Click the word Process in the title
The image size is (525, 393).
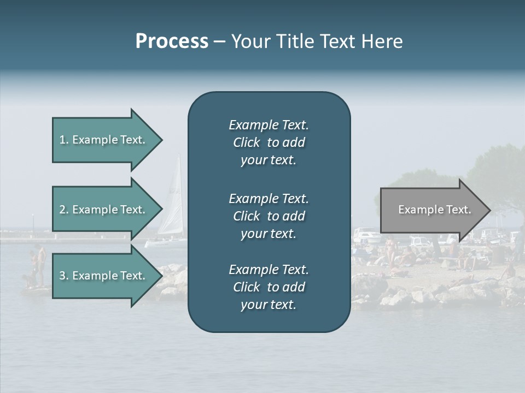click(172, 41)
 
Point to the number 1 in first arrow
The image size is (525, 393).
click(63, 140)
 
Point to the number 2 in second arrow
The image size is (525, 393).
click(63, 210)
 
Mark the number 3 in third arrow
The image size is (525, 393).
click(63, 276)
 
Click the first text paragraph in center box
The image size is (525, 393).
click(269, 142)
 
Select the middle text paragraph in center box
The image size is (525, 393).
click(269, 216)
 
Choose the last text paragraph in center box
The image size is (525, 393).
click(269, 287)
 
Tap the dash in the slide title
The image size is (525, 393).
click(219, 42)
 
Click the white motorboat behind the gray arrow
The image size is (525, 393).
click(366, 237)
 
